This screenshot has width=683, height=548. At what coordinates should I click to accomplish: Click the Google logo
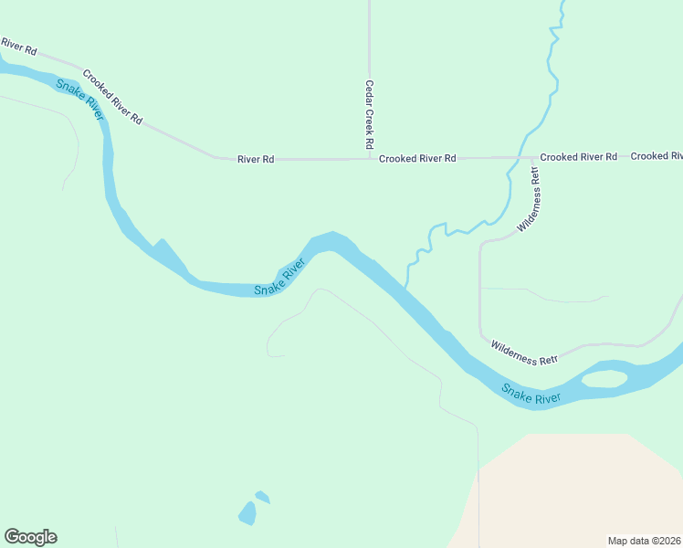point(30,537)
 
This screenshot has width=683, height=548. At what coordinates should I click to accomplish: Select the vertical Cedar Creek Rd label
point(370,115)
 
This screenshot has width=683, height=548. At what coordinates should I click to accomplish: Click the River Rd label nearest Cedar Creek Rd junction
point(256,159)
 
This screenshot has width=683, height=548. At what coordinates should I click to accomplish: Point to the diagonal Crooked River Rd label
point(112,97)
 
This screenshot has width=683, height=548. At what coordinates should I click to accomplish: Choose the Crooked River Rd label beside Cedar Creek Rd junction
point(417,158)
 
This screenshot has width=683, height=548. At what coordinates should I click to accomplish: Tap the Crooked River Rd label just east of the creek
point(578,157)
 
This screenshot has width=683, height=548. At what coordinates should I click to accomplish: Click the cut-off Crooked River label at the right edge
point(656,156)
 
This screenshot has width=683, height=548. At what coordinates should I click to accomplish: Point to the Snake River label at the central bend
point(279,278)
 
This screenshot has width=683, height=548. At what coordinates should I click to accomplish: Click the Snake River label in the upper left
point(80,99)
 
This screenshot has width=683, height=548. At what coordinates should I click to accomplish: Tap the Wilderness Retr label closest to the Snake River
point(524,353)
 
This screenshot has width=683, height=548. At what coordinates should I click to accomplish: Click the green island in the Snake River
point(604,378)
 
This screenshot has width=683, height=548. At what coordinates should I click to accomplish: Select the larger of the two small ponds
point(247,513)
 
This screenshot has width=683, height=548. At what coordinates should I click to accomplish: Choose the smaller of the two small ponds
point(263,498)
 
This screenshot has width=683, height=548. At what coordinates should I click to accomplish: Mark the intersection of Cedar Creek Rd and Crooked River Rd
point(369,158)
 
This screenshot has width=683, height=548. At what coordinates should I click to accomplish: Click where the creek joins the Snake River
point(405,289)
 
